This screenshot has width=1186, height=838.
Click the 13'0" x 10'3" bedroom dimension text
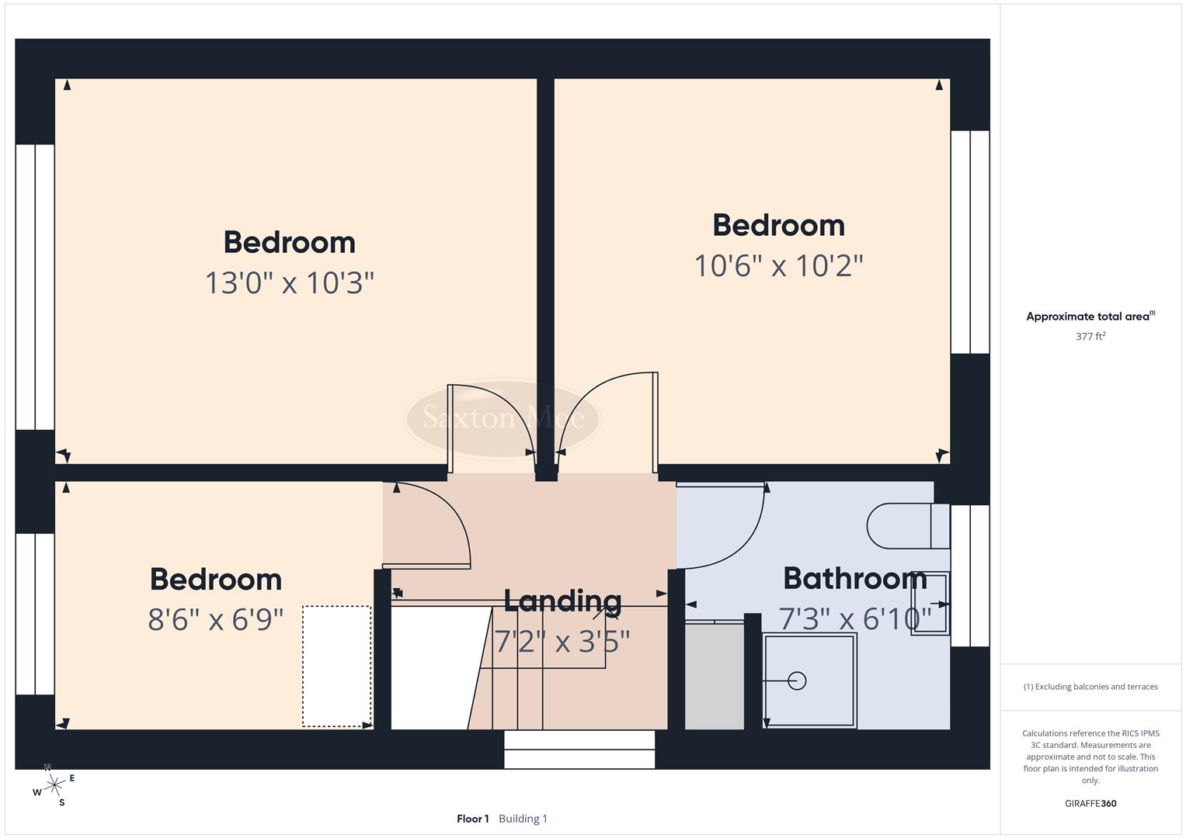click(x=289, y=283)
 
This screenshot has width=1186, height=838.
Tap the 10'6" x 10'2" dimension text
click(x=778, y=266)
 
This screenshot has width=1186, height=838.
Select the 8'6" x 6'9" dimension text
click(x=215, y=620)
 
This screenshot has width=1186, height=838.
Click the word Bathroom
click(x=854, y=578)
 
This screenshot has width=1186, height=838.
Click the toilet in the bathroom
click(x=906, y=526)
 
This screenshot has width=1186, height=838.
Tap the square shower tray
click(x=809, y=680)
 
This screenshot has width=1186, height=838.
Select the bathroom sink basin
click(x=930, y=604)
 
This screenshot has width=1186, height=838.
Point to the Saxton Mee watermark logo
click(x=503, y=418)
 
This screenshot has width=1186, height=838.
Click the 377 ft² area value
click(x=1090, y=337)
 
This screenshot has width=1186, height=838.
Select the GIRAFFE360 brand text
click(x=1090, y=804)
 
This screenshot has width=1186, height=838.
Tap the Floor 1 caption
click(x=472, y=819)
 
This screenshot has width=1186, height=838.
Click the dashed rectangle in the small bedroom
click(x=336, y=666)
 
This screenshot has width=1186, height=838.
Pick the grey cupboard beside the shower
click(x=715, y=675)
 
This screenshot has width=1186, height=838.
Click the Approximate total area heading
click(x=1090, y=317)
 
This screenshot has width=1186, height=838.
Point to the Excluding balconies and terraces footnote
click(x=1090, y=687)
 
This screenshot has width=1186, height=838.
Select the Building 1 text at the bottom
click(x=523, y=819)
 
